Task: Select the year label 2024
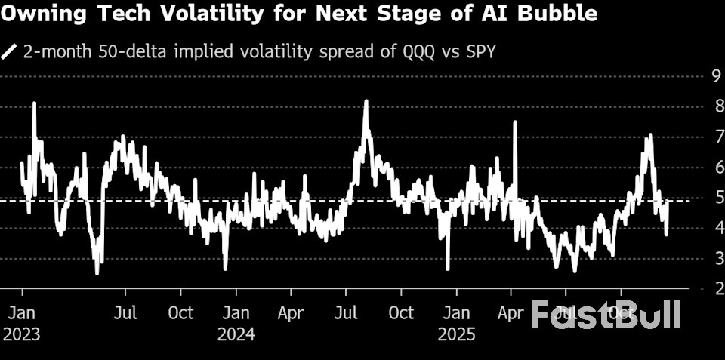236,334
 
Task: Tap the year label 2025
457,334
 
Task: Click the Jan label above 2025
457,312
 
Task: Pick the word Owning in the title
36,13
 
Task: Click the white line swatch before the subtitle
10,51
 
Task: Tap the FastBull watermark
605,314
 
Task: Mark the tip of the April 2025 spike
515,122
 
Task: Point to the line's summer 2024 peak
366,100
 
